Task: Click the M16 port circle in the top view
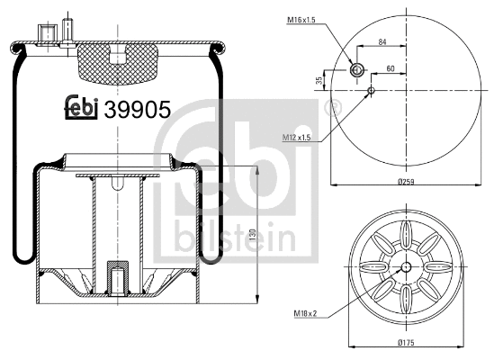(355, 70)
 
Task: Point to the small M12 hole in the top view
(371, 89)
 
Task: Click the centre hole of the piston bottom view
(406, 267)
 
